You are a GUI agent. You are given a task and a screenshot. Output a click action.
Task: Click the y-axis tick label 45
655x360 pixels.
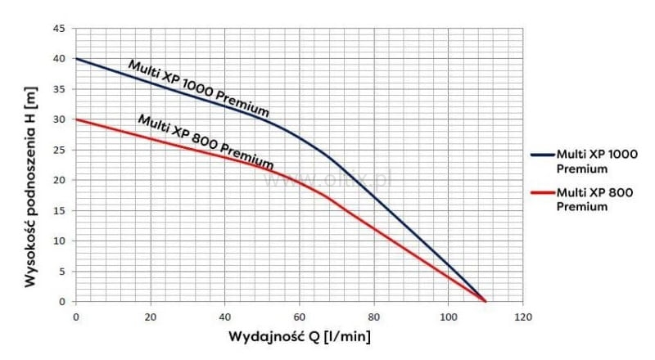(60, 29)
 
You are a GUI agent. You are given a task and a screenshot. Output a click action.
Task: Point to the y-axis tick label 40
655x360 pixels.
(60, 59)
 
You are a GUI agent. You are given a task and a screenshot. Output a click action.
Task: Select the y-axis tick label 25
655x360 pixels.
(60, 150)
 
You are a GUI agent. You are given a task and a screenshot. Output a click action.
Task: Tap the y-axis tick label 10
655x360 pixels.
(60, 241)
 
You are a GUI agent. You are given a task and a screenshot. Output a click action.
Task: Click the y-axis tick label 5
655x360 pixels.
(62, 271)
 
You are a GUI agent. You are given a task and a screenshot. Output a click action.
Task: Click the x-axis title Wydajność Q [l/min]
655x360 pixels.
(299, 335)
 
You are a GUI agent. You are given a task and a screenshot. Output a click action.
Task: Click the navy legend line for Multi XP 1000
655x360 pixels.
(541, 153)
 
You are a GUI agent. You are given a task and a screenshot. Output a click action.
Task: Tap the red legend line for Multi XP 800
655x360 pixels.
(541, 194)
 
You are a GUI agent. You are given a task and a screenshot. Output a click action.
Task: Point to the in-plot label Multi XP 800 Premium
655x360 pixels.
(206, 137)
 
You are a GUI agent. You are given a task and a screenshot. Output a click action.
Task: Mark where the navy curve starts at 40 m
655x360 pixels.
(76, 59)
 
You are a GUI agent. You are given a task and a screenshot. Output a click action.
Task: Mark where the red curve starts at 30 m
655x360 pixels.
(76, 119)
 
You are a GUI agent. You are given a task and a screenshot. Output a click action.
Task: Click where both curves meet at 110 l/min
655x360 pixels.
(486, 301)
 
